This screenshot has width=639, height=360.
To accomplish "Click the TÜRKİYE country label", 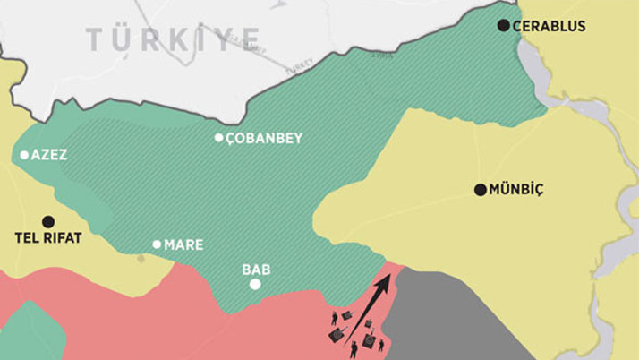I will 174,39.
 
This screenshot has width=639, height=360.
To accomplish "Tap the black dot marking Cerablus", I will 504,26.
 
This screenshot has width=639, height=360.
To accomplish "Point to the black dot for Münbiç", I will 480,190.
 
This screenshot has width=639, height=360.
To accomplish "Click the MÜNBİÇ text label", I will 518,190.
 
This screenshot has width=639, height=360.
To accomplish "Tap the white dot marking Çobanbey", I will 218,138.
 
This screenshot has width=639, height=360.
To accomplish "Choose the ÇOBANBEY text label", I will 264,139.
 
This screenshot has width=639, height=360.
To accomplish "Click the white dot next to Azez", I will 24,155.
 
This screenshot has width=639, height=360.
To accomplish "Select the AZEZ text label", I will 49,155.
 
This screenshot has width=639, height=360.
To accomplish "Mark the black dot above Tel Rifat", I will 47,221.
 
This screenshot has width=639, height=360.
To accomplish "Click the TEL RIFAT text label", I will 48,238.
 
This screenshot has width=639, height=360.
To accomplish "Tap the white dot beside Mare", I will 157,244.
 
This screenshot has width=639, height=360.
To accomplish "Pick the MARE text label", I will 183,244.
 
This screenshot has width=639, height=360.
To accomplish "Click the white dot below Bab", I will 255,285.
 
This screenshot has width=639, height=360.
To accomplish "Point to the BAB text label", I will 256,269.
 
